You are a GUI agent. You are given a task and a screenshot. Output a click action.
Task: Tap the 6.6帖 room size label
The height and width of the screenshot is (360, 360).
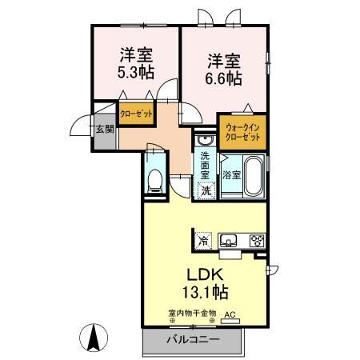225,78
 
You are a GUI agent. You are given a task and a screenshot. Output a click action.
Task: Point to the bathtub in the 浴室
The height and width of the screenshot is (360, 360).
254,176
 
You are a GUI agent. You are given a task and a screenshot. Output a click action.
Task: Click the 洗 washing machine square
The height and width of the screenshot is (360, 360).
206,190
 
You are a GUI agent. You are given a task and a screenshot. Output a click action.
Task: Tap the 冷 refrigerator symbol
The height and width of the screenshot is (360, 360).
203,239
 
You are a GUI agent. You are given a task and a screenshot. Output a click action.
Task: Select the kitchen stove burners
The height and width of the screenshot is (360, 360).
256,239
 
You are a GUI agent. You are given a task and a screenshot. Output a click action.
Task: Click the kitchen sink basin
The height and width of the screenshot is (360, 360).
227,239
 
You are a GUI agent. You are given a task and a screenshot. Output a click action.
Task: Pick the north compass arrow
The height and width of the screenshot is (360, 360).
94,338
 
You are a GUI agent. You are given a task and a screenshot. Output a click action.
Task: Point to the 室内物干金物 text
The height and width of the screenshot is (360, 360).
191,314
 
